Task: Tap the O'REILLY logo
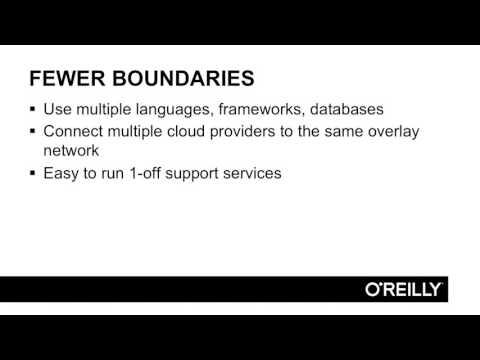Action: point(403,289)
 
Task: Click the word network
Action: point(73,151)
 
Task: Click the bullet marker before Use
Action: point(33,109)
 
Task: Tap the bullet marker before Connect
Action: point(33,131)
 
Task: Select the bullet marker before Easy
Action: point(33,173)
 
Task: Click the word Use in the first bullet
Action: point(57,109)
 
